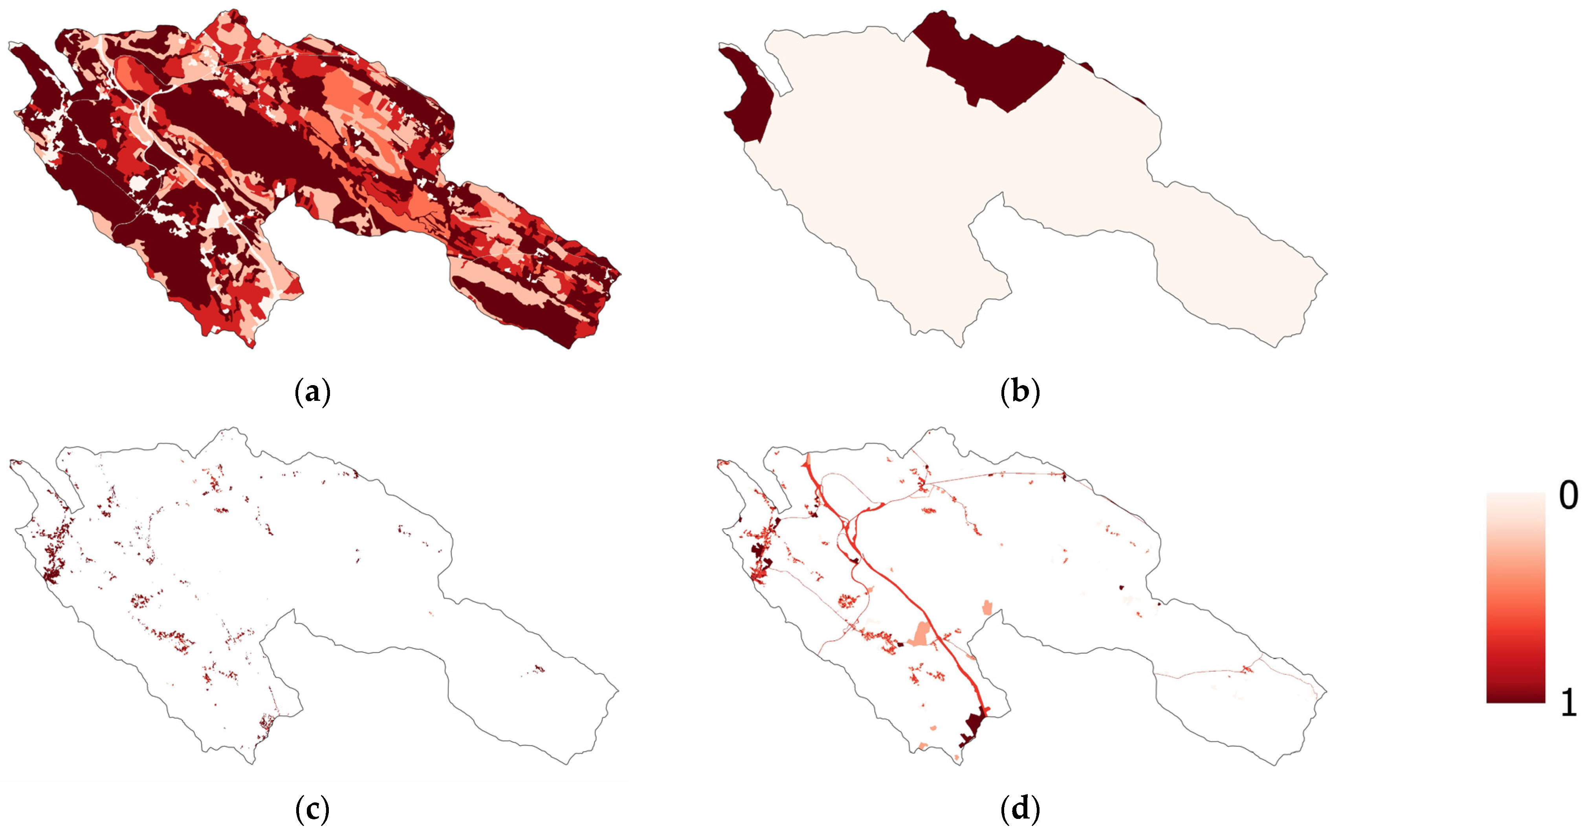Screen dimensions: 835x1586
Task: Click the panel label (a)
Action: [x=313, y=392]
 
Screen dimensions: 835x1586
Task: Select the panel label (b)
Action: [x=1020, y=392]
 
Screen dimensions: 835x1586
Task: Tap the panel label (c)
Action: [x=313, y=810]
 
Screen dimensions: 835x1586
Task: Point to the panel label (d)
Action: [x=1020, y=810]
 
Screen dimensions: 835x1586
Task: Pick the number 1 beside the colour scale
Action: [x=1569, y=702]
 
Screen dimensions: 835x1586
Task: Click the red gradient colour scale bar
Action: [x=1515, y=597]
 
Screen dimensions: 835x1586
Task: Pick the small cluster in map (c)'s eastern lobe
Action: [x=537, y=669]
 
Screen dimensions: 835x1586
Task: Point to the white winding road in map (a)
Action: [x=185, y=160]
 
